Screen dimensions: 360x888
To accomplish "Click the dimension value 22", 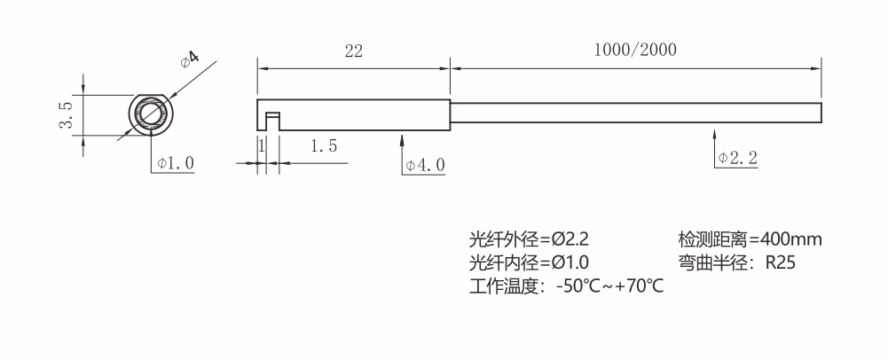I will pyautogui.click(x=353, y=51).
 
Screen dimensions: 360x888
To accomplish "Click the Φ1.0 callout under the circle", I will pyautogui.click(x=175, y=163).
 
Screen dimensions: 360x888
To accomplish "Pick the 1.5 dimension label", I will pyautogui.click(x=323, y=147).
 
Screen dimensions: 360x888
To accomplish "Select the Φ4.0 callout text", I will pyautogui.click(x=425, y=165).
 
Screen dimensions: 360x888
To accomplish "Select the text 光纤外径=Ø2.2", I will pyautogui.click(x=529, y=239).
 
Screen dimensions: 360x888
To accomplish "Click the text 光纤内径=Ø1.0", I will pyautogui.click(x=529, y=262).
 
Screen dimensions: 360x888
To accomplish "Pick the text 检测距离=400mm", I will pyautogui.click(x=750, y=239).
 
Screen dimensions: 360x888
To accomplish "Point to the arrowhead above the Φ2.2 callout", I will pyautogui.click(x=715, y=134).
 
